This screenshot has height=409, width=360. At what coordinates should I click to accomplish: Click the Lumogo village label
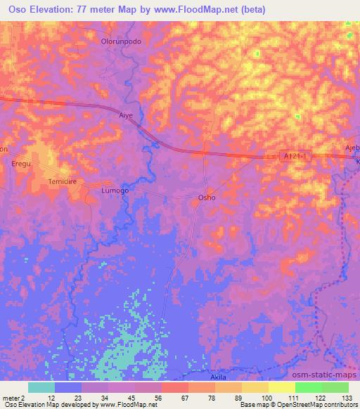point(115,190)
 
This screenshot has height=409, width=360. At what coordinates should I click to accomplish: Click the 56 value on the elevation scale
point(148,397)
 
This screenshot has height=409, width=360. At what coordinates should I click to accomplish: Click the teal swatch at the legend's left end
point(41,387)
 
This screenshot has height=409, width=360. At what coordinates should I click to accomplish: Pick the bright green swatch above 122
point(308,387)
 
